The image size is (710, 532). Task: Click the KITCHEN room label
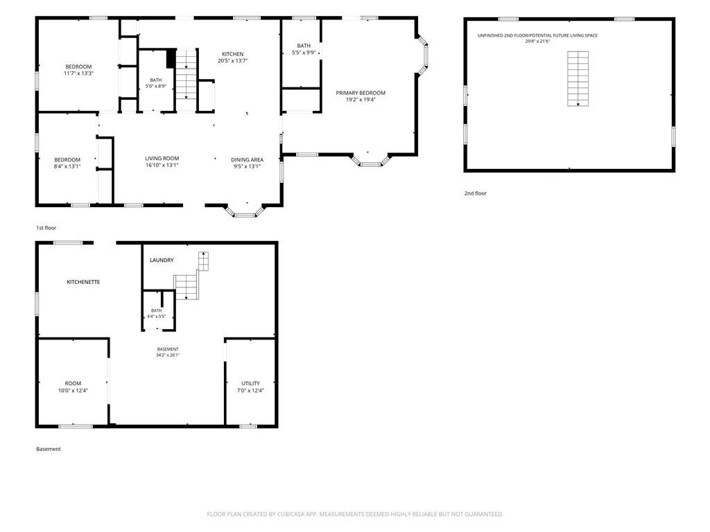(x=233, y=54)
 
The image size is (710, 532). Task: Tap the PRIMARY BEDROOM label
(x=361, y=93)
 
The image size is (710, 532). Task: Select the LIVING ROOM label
(x=162, y=159)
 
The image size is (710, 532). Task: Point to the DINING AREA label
(x=248, y=160)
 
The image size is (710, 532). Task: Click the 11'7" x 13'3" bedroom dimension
(x=79, y=73)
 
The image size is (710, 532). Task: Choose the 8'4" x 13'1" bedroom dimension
(x=67, y=166)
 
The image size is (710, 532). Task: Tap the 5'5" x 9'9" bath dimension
(x=304, y=53)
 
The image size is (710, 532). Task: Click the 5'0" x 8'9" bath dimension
(x=156, y=86)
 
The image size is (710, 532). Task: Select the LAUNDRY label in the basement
(x=162, y=260)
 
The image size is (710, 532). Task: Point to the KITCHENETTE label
(x=83, y=282)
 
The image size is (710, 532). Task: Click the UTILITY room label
(x=250, y=383)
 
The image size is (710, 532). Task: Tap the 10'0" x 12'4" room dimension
(x=73, y=391)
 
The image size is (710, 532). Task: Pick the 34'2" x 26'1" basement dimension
(x=168, y=355)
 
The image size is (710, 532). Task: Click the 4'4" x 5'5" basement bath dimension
(x=156, y=316)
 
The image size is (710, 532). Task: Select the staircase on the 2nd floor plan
(x=578, y=79)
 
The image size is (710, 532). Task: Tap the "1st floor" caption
(x=46, y=227)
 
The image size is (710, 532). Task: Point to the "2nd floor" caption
(x=476, y=193)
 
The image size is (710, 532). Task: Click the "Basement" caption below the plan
(x=49, y=449)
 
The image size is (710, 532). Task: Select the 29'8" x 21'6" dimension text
(x=537, y=41)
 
